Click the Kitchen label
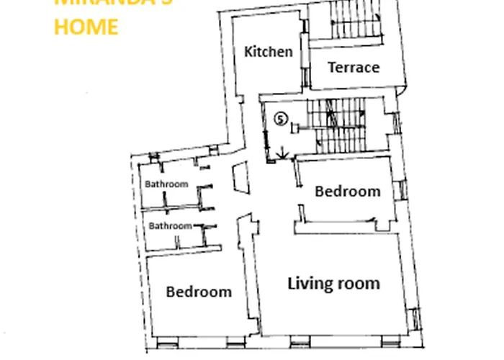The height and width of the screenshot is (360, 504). [x=269, y=52]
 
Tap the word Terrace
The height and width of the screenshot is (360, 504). [x=353, y=68]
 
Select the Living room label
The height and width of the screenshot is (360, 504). [x=333, y=283]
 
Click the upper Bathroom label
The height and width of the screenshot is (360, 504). [x=166, y=184]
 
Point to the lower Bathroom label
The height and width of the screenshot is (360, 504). [x=170, y=226]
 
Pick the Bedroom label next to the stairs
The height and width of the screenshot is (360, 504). [x=347, y=192]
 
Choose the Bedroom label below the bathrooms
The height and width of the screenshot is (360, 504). [x=199, y=292]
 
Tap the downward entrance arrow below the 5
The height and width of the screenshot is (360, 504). [x=282, y=152]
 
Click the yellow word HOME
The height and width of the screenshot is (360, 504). [x=86, y=27]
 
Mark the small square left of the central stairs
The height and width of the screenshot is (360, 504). [x=294, y=127]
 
